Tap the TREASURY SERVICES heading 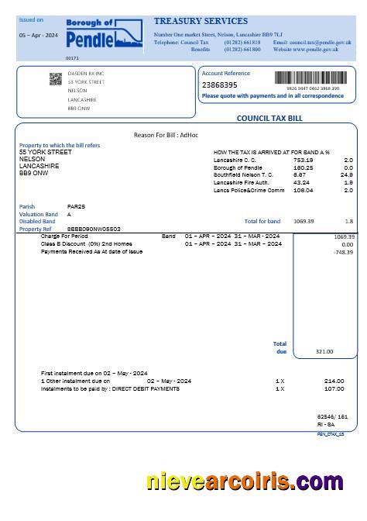201,21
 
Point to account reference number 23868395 220,85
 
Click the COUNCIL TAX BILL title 269,119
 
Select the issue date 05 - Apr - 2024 39,36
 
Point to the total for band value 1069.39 304,221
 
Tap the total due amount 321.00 324,351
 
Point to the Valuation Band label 38,214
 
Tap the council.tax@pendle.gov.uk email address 317,42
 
